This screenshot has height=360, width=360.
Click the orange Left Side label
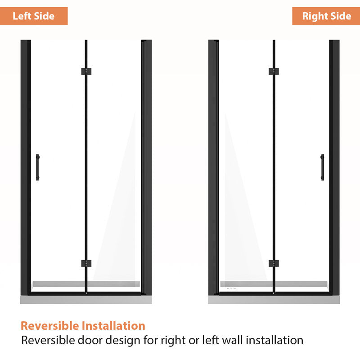pos(33,16)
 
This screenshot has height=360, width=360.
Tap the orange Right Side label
pos(326,16)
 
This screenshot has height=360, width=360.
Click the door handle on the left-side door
pos(38,167)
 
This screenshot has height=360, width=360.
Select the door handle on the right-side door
pos(322,167)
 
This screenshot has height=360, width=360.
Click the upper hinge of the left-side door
pos(86,72)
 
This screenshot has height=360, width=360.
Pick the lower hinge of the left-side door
pos(86,263)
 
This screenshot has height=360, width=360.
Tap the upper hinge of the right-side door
pos(274,72)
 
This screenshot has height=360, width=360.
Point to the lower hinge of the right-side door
pos(274,263)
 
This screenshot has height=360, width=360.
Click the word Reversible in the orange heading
pos(50,325)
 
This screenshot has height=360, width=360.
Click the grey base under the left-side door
pos(86,300)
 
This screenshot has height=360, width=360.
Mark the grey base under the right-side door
pos(274,300)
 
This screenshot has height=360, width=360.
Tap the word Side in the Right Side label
pos(341,16)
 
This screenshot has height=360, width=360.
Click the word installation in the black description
pos(274,340)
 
